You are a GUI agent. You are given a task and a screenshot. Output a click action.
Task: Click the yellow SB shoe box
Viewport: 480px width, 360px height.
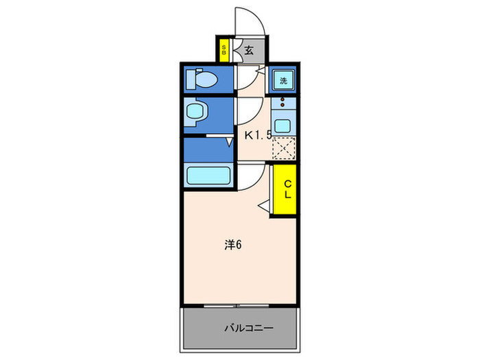224,49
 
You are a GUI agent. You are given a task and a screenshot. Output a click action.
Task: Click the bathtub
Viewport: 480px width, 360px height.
209,175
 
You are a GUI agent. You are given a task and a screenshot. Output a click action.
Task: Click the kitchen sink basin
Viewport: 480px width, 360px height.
283,125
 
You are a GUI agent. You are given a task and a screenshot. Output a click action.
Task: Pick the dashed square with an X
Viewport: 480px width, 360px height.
283,148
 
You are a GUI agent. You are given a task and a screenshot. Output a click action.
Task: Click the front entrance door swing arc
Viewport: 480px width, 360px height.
250,21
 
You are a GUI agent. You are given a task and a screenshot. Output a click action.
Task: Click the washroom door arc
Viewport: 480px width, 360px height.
248,110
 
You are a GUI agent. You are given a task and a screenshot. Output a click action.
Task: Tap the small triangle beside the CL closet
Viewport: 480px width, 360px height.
263,203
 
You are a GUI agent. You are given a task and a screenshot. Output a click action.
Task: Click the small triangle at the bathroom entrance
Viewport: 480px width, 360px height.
230,142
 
